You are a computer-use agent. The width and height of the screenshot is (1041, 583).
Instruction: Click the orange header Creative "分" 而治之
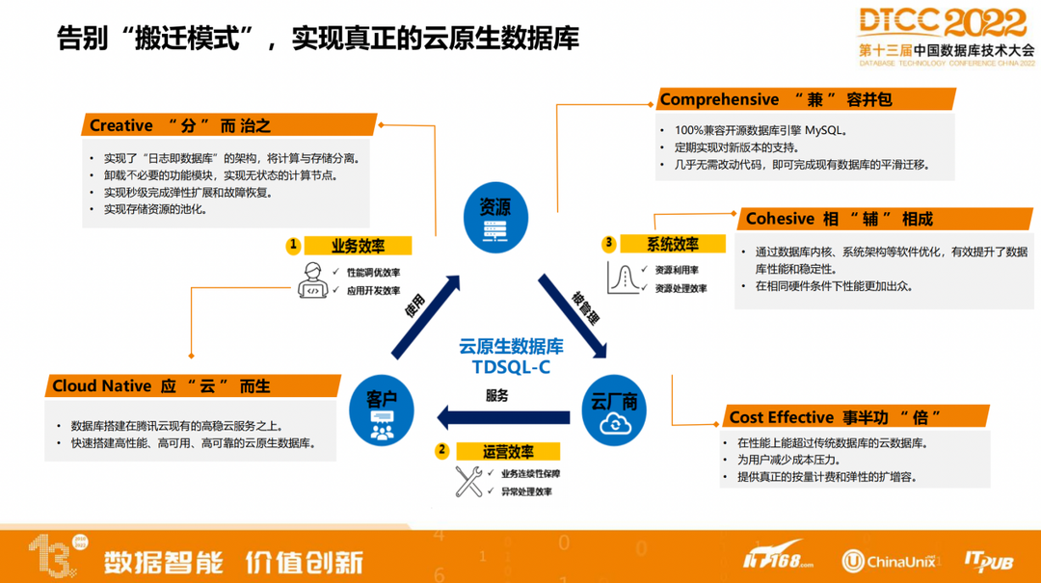(227, 125)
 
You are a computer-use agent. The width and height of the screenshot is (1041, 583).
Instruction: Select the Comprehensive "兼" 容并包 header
(806, 99)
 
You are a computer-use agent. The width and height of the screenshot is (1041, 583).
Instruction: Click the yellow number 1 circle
(294, 246)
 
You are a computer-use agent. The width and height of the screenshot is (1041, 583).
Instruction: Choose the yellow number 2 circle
(442, 450)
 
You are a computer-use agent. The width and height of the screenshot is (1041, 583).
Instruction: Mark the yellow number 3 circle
(608, 244)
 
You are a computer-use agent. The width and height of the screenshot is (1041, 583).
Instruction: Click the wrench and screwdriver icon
(469, 482)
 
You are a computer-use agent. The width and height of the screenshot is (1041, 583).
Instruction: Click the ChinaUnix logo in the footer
(888, 561)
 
